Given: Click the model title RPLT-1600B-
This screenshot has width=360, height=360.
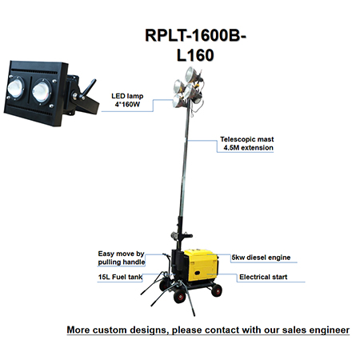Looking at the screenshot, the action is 195,35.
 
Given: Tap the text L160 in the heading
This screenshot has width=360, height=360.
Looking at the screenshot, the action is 195,55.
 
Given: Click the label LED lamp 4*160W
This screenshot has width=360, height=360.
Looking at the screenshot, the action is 127,100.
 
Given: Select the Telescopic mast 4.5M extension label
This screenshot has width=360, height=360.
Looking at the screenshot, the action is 247,143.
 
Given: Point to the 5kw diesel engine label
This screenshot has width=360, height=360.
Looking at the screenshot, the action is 261,258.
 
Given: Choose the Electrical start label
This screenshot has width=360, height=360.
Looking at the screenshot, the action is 263,277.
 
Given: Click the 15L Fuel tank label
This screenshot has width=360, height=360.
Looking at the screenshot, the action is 120,277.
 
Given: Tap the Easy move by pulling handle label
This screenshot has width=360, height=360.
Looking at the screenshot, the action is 122,258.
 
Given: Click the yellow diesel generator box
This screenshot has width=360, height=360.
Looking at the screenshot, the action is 201,265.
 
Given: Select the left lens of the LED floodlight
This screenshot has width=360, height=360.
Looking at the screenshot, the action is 16,88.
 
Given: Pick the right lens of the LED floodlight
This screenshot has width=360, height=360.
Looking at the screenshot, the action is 41,91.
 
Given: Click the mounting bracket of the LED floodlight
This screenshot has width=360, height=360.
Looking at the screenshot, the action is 82,98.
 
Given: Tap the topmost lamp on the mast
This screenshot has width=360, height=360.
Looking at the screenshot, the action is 192,74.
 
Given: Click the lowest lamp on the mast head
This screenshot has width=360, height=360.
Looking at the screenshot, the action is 178,101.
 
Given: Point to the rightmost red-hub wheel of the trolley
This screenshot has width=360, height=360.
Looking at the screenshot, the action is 217,290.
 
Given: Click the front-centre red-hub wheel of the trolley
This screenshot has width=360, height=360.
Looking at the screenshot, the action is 179,296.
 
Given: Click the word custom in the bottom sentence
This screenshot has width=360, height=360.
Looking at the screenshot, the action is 110,330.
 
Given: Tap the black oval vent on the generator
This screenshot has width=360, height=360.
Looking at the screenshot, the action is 197,274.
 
